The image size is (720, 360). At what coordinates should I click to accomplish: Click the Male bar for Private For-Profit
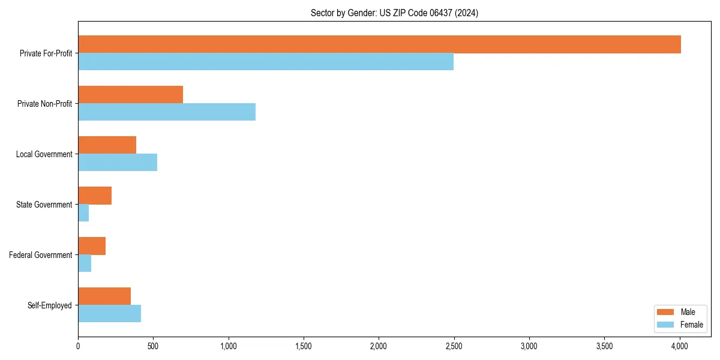pyautogui.click(x=379, y=44)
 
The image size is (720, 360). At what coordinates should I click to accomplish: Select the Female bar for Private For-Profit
pyautogui.click(x=266, y=62)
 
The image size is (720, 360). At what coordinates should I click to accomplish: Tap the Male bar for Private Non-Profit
pyautogui.click(x=130, y=95)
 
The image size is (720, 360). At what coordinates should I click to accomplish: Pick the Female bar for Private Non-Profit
pyautogui.click(x=167, y=112)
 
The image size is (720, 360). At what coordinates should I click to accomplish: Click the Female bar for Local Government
pyautogui.click(x=118, y=163)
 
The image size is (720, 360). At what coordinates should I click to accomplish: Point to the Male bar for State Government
pyautogui.click(x=95, y=196)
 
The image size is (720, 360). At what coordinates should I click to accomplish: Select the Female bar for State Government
pyautogui.click(x=83, y=213)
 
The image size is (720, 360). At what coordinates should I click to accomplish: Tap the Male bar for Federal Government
pyautogui.click(x=92, y=246)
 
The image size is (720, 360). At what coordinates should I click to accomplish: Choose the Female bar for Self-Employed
pyautogui.click(x=109, y=314)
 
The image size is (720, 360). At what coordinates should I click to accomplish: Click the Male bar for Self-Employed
pyautogui.click(x=104, y=296)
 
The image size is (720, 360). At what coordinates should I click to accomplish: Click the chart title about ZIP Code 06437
pyautogui.click(x=394, y=13)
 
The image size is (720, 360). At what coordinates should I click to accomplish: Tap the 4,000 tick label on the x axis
pyautogui.click(x=680, y=346)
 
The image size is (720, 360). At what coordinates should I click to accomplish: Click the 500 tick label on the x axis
pyautogui.click(x=153, y=346)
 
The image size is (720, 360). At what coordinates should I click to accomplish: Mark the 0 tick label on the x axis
pyautogui.click(x=78, y=346)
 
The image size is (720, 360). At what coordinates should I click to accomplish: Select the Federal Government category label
pyautogui.click(x=41, y=255)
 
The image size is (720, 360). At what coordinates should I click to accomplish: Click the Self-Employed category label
pyautogui.click(x=50, y=305)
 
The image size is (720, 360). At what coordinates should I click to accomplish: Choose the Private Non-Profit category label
pyautogui.click(x=44, y=104)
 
